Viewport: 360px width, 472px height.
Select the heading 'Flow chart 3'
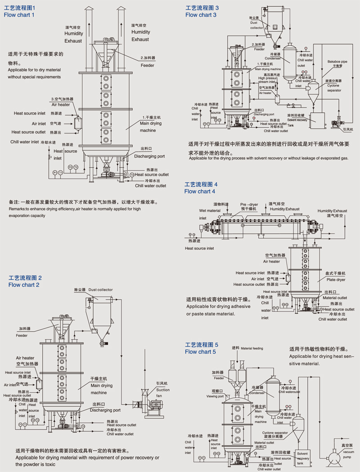pyautogui.click(x=201, y=15)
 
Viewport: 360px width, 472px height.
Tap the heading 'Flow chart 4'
pyautogui.click(x=200, y=191)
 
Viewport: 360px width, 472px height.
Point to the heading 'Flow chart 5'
pyautogui.click(x=200, y=352)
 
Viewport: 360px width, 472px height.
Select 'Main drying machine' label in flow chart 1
pyautogui.click(x=151, y=127)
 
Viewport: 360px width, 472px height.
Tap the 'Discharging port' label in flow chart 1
pyautogui.click(x=149, y=156)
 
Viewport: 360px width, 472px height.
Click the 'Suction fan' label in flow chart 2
pyautogui.click(x=163, y=392)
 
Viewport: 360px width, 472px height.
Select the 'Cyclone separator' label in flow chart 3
pyautogui.click(x=333, y=88)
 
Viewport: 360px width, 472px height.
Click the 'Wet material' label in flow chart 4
pyautogui.click(x=210, y=211)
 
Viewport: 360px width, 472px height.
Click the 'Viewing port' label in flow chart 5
pyautogui.click(x=215, y=396)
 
